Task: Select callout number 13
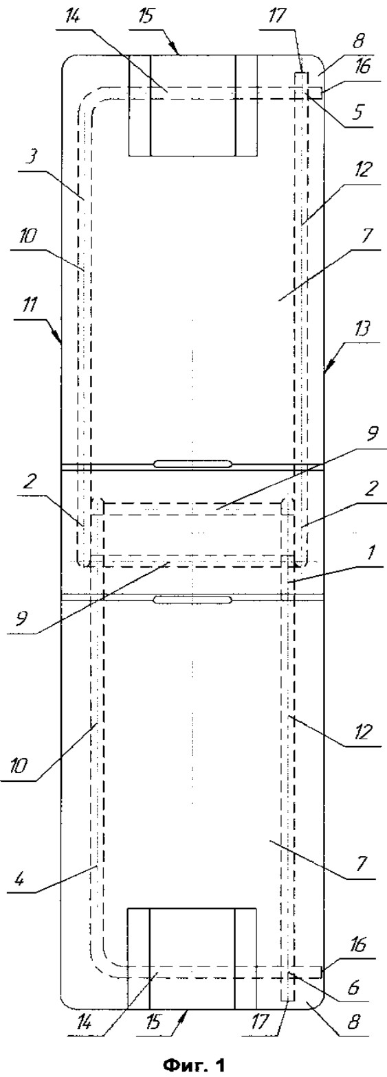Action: (x=364, y=331)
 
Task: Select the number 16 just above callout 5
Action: (x=364, y=67)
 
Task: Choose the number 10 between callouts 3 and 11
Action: (x=28, y=239)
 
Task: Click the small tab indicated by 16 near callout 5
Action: (x=316, y=91)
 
